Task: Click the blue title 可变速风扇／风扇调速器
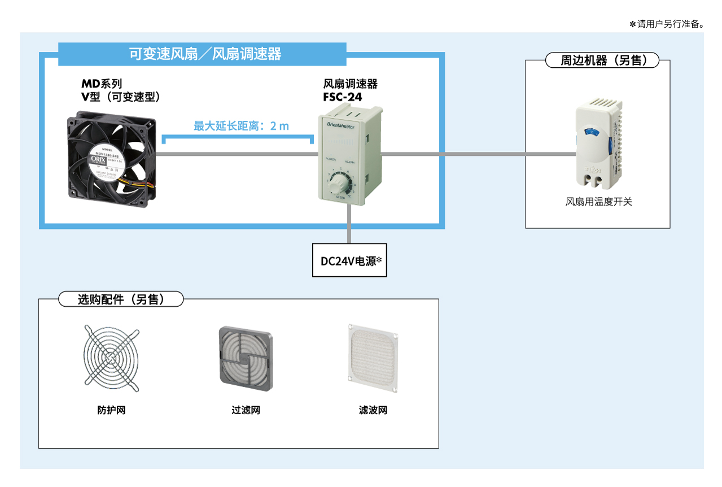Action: click(x=205, y=54)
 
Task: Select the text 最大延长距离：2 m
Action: click(x=241, y=126)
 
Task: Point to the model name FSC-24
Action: click(x=343, y=97)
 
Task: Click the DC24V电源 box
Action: click(x=349, y=261)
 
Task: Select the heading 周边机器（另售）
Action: click(x=602, y=60)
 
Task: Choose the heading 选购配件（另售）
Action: click(x=121, y=299)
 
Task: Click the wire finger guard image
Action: click(x=111, y=358)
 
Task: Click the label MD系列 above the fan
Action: click(x=102, y=84)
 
